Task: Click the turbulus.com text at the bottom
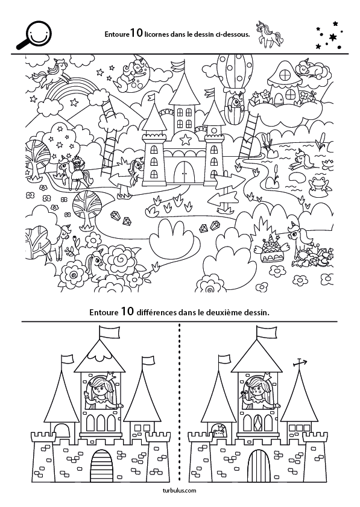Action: click(x=180, y=491)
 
